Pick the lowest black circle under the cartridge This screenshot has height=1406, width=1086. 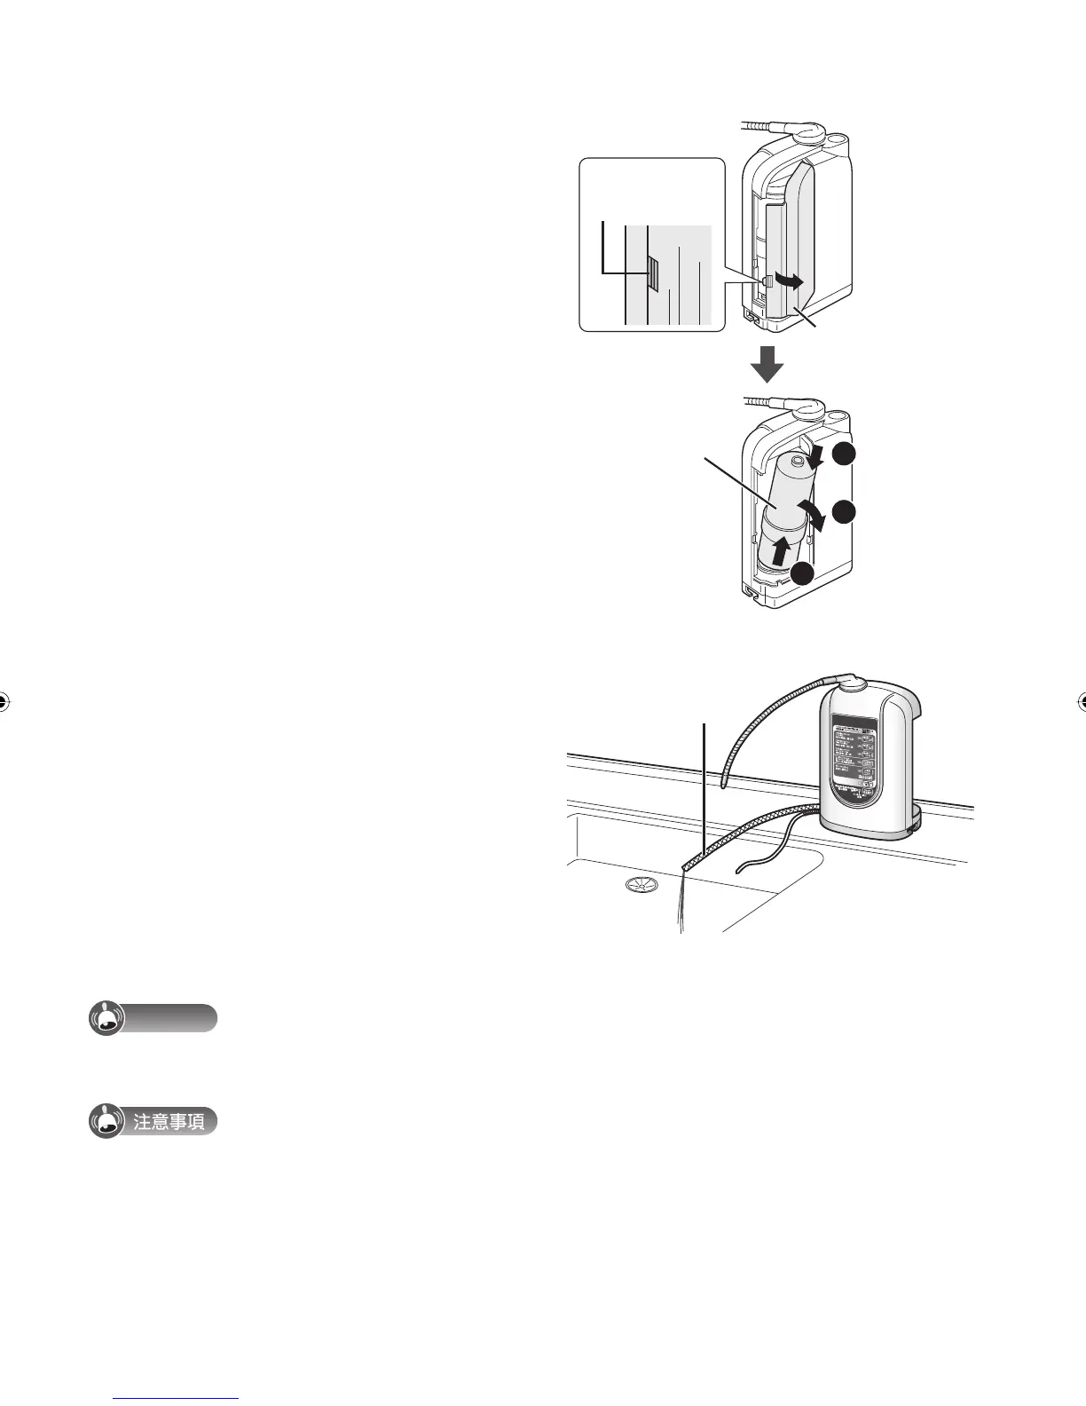[804, 574]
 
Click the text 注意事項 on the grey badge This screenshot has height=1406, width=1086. [169, 1122]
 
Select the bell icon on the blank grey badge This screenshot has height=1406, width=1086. [106, 1019]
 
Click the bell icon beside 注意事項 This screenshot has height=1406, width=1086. [106, 1122]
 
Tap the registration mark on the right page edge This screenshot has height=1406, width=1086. [1081, 701]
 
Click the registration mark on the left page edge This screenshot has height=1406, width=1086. [4, 701]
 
